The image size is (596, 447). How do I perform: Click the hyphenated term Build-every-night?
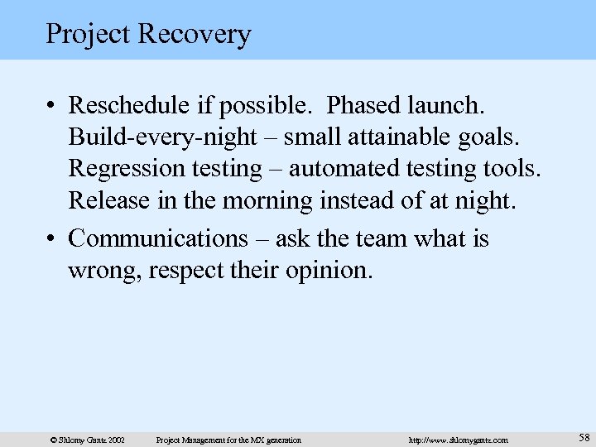158,137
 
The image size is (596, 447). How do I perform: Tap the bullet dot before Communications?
51,240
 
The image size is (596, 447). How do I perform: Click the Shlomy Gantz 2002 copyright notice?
88,440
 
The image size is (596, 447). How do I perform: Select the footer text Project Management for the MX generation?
228,440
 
